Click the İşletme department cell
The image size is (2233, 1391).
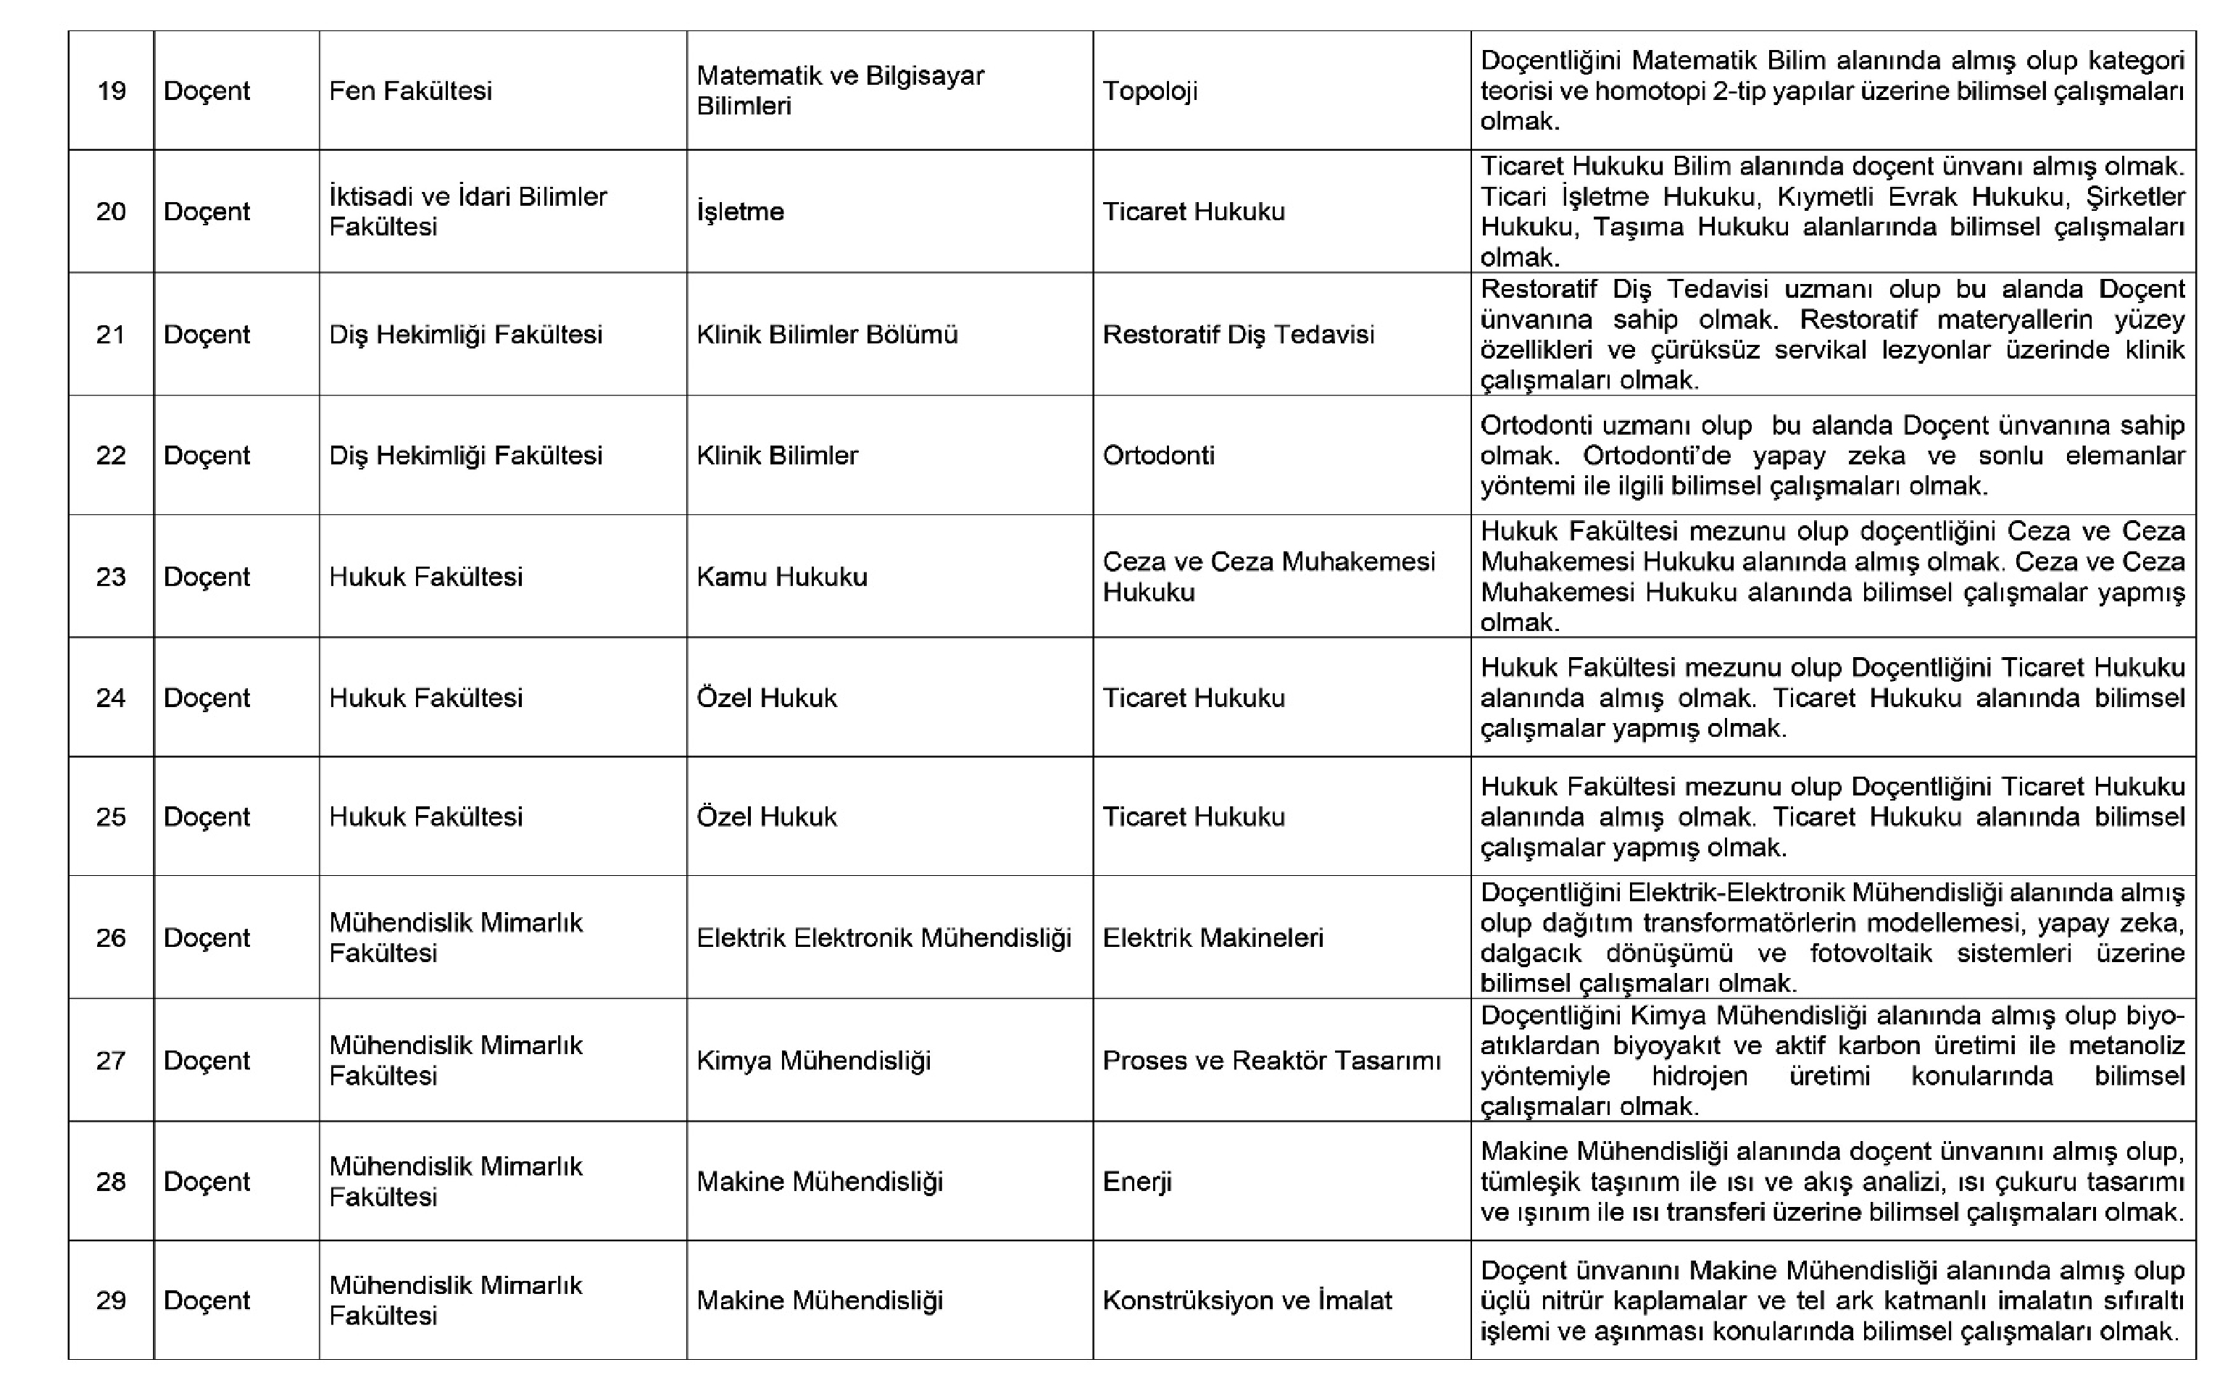tap(740, 212)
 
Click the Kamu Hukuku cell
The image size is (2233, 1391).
tap(781, 577)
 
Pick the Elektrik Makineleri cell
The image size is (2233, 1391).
tap(1213, 937)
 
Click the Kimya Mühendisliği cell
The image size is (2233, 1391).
tap(813, 1061)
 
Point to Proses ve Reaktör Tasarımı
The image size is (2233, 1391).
tap(1271, 1061)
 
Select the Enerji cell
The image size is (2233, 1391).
tap(1137, 1181)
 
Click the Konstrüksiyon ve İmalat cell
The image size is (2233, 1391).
tap(1247, 1300)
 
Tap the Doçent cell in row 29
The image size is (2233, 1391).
tap(207, 1300)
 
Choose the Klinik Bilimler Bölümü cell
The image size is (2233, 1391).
tap(826, 334)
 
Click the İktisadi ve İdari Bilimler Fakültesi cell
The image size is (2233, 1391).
tap(467, 212)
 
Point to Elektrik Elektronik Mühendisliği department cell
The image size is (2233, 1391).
tap(883, 937)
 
